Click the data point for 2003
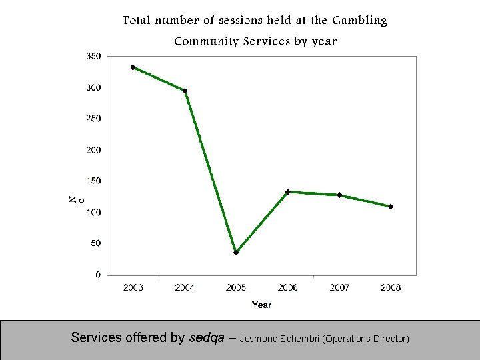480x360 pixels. tap(133, 67)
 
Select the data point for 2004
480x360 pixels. tap(185, 91)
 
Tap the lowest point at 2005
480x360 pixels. tap(236, 253)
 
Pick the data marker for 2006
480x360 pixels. tap(287, 192)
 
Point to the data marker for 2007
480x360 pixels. tap(339, 195)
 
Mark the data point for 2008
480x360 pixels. tap(391, 207)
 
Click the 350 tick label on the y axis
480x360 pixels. tap(93, 57)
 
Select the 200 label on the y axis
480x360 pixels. tap(93, 150)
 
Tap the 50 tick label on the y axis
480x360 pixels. tap(95, 243)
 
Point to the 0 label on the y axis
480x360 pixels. tap(98, 275)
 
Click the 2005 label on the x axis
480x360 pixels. tap(236, 288)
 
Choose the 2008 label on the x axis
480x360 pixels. tap(391, 288)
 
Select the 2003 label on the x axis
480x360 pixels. tap(133, 288)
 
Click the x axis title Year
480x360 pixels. tap(261, 305)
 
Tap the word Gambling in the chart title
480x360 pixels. tap(359, 21)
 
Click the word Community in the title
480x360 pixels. tap(205, 41)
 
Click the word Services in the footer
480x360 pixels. tap(97, 338)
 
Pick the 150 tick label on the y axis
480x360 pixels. tap(93, 181)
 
